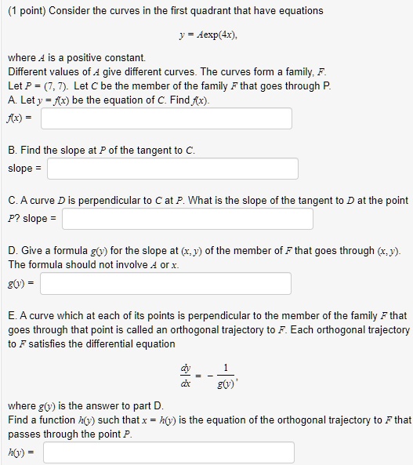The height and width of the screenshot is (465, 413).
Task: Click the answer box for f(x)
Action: pos(166,118)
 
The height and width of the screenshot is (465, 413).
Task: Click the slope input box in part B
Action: pos(172,169)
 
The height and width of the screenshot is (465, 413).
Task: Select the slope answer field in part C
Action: pos(187,218)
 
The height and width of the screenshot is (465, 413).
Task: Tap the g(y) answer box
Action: pos(165,283)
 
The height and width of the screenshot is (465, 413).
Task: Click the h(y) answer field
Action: pos(168,452)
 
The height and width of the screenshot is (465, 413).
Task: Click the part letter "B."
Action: pos(13,150)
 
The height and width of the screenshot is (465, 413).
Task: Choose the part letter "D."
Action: pos(13,250)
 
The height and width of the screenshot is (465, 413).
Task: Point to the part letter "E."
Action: pos(13,315)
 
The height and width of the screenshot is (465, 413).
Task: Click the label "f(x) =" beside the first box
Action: pos(19,118)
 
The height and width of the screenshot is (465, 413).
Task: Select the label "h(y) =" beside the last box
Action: pos(20,452)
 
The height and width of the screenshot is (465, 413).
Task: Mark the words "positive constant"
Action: pos(116,58)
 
